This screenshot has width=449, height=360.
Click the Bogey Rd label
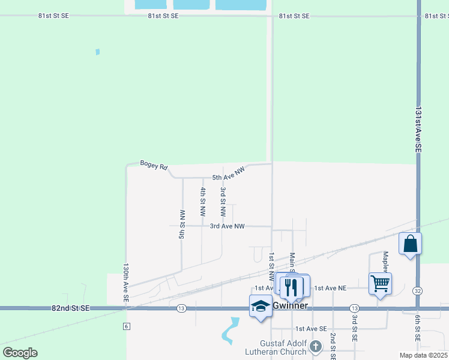click(x=154, y=164)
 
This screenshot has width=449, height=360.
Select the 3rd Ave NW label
click(x=228, y=226)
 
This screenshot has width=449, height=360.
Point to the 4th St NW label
click(x=203, y=202)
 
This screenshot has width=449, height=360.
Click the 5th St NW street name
click(x=182, y=224)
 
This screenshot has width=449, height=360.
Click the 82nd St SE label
click(x=70, y=308)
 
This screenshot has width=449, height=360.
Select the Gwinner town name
click(x=291, y=306)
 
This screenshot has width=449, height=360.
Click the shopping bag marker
click(x=410, y=244)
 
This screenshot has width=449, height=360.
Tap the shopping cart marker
click(x=381, y=284)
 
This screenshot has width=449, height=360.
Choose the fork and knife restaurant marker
click(x=292, y=286)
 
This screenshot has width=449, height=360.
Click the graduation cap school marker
click(x=261, y=306)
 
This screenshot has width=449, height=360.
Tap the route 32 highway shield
click(x=417, y=291)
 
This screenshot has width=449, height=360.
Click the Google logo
click(x=20, y=353)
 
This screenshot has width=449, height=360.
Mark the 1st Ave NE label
click(x=330, y=288)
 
